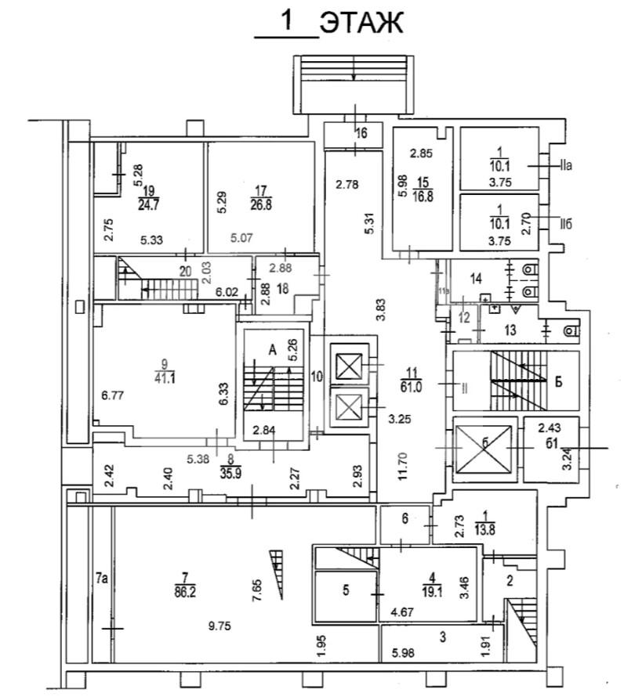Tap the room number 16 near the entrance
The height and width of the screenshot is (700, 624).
pyautogui.click(x=361, y=134)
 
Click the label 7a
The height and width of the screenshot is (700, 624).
pyautogui.click(x=101, y=579)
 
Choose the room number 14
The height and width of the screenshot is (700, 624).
pyautogui.click(x=475, y=278)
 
